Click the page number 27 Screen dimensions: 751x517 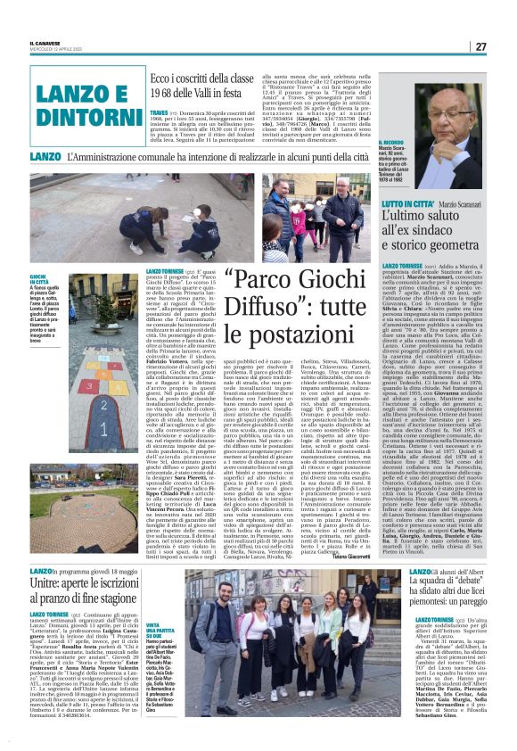[x=480, y=47]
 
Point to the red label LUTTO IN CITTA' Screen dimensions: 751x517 [x=407, y=204]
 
